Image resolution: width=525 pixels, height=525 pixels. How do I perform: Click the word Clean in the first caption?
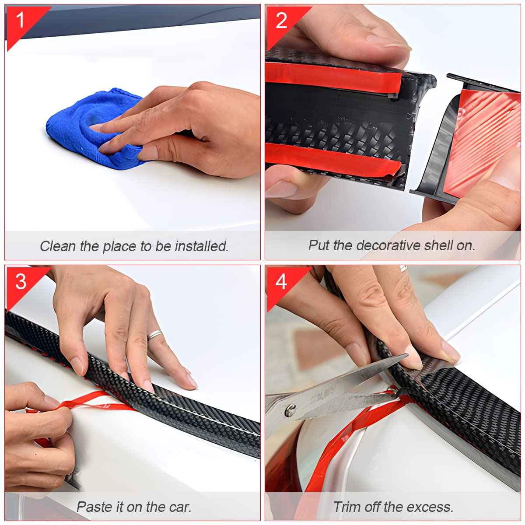point(58,246)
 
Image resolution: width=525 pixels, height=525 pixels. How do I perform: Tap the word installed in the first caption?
point(201,246)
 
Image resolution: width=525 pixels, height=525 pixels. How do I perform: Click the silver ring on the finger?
point(155,334)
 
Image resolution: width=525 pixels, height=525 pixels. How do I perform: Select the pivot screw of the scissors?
point(290,410)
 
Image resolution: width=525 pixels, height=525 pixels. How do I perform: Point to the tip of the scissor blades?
point(408,355)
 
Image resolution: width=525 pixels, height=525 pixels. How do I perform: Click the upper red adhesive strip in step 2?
point(332,77)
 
